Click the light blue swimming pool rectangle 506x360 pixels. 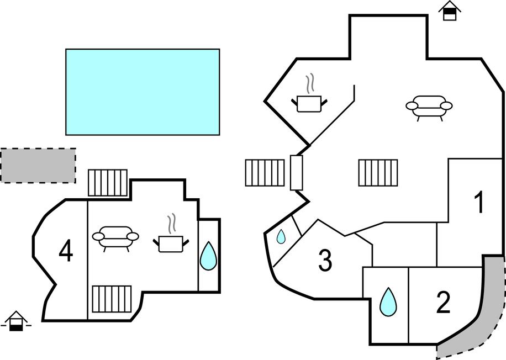pos(143,92)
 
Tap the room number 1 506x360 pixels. pos(480,203)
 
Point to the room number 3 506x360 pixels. pos(325,261)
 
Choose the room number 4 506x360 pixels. pos(66,252)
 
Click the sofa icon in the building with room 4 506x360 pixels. pos(115,237)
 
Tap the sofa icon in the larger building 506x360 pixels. pos(429,106)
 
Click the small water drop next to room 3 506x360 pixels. pos(281,237)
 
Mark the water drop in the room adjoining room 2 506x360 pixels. pos(388,301)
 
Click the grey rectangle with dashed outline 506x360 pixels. pos(38,165)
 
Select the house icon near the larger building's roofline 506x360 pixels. pos(450,10)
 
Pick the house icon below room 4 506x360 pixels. pos(16,321)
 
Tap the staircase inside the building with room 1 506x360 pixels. pos(378,173)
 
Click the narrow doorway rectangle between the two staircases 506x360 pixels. pos(297,173)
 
